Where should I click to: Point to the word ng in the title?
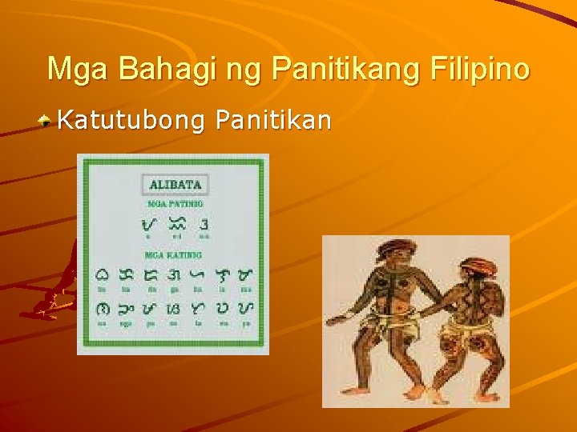(244, 70)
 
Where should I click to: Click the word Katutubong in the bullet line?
(131, 121)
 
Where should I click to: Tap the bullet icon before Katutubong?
(47, 122)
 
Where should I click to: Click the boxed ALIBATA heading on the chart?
(176, 184)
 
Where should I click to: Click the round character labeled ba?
(103, 274)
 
